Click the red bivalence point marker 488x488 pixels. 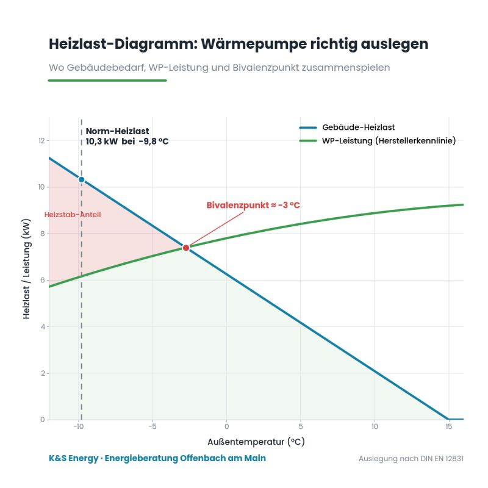coord(186,248)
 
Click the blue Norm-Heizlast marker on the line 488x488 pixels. coord(82,179)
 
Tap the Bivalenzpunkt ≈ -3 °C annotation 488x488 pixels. coord(253,205)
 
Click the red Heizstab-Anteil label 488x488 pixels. coord(73,215)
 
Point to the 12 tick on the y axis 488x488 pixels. coord(41,141)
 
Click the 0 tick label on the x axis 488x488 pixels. coord(226,426)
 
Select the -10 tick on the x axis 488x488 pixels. coord(79,426)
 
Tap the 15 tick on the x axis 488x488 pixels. coord(448,426)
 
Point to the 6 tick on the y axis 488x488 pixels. coord(42,280)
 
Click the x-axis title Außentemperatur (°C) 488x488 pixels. coord(256,442)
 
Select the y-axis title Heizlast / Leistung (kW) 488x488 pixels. coord(26,269)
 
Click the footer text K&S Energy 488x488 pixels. coord(73,458)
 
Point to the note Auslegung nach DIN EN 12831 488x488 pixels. coord(411,459)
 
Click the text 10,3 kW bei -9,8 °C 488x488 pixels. coord(127,142)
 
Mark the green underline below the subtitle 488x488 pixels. coord(107,81)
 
